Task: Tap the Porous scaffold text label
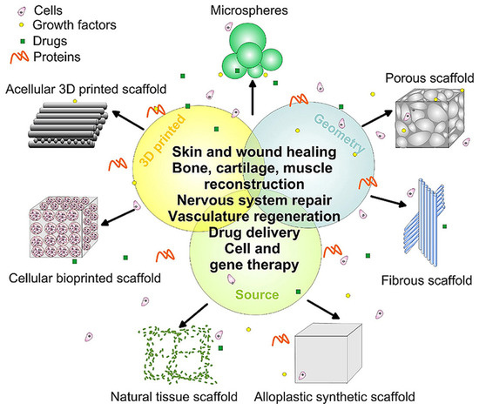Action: tap(425, 81)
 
